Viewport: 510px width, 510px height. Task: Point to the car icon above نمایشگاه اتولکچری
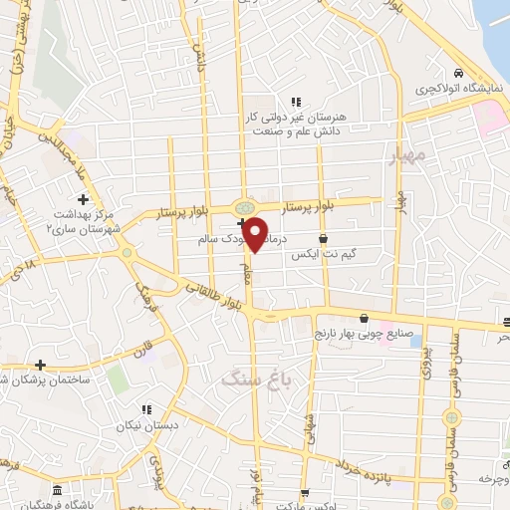point(457,75)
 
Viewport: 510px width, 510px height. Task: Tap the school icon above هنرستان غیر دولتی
point(296,101)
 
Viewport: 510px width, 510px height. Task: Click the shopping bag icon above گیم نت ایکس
point(324,238)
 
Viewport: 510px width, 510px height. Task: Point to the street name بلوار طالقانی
point(215,294)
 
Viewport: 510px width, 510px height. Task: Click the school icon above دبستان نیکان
point(146,408)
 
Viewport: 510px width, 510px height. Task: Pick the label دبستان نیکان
point(147,425)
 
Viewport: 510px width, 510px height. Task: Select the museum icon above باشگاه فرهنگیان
point(56,491)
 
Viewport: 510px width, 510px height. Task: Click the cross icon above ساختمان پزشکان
point(40,365)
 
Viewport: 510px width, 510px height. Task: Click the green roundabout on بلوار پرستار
point(243,207)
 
